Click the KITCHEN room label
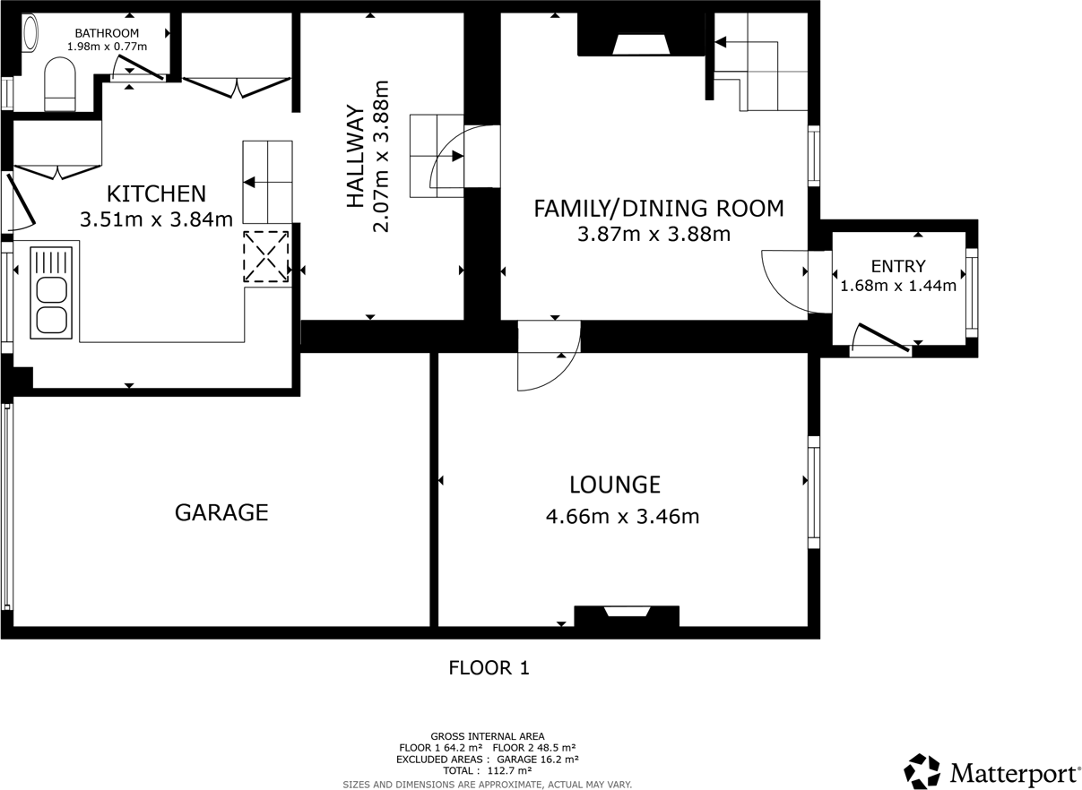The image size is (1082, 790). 156,193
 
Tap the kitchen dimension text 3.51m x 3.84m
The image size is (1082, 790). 156,219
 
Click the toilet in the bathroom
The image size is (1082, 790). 60,84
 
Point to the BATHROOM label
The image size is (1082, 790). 107,33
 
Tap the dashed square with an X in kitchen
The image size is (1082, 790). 267,257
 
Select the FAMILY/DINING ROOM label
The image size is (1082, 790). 658,209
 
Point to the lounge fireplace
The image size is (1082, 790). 627,614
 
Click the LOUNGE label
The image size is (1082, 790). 615,485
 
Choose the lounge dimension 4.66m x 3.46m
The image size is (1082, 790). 622,517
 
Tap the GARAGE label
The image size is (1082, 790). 221,512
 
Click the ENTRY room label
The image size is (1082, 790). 897,266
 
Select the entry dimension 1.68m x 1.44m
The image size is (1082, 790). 897,287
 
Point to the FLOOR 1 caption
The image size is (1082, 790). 489,668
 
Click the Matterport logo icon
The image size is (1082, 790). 922,771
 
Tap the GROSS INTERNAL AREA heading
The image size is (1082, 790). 487,736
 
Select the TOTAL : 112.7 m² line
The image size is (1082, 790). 487,770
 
